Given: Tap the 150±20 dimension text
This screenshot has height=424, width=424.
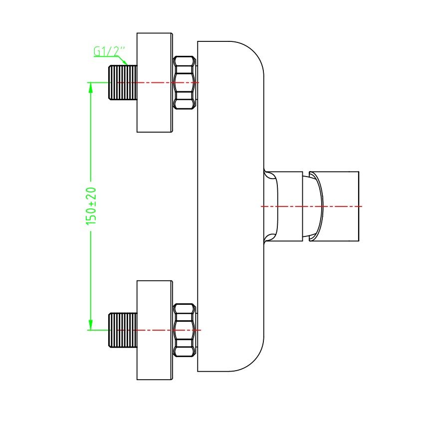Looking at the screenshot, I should tap(91, 206).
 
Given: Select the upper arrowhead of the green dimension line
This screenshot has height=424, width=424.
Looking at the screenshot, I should tap(90, 87).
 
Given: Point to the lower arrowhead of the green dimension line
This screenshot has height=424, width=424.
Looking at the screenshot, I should tap(90, 325).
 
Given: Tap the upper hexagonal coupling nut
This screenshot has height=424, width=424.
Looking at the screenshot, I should tap(184, 82).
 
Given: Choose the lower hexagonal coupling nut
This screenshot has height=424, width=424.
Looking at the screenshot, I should tap(184, 330).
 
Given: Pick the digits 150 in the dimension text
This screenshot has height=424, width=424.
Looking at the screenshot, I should tap(91, 216).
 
